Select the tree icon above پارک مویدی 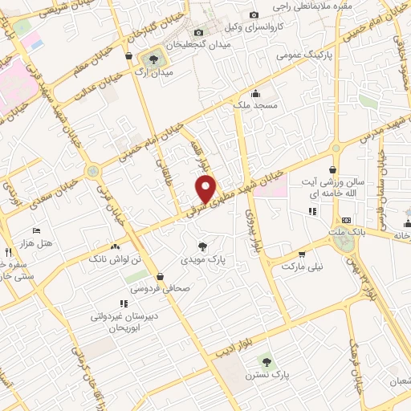click(x=202, y=245)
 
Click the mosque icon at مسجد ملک click(x=256, y=93)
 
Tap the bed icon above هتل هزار click(x=35, y=229)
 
